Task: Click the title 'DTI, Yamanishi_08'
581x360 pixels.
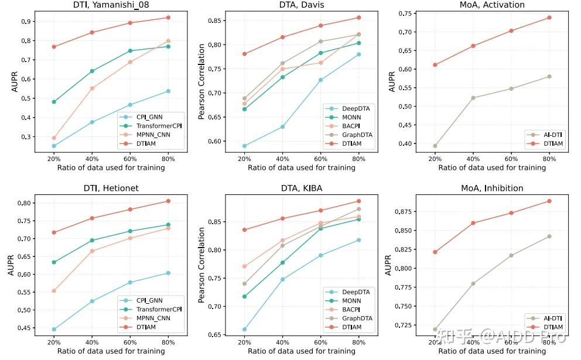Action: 111,5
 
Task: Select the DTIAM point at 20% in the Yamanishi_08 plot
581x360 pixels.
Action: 54,47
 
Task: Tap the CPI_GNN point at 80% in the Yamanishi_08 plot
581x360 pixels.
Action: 168,91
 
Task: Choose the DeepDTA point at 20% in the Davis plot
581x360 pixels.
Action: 244,146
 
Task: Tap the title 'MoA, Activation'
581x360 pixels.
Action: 491,5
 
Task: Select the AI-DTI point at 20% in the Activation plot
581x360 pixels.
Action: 435,146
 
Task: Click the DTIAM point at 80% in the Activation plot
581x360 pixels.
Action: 549,18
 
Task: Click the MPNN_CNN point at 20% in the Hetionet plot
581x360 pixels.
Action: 54,291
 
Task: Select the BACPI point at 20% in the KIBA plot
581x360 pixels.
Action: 244,266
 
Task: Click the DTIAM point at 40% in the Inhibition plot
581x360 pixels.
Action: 473,223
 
